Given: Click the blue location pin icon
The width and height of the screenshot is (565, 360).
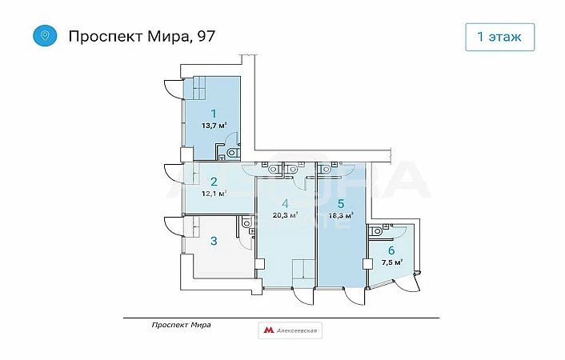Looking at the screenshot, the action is tap(45, 36).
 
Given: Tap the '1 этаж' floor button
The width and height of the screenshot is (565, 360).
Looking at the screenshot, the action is tap(500, 37).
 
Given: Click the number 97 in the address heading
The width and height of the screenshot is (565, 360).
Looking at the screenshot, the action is tap(206, 36).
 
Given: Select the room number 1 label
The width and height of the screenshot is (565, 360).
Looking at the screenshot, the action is tap(214, 114).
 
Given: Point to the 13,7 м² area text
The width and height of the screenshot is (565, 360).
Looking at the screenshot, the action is tap(214, 126).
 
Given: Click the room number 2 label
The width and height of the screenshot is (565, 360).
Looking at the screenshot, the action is tap(214, 182).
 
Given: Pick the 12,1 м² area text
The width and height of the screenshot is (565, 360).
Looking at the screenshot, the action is tap(214, 193).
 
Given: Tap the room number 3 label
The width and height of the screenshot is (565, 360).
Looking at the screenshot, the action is tap(214, 241).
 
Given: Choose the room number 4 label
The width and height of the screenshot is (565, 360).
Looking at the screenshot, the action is tap(285, 204).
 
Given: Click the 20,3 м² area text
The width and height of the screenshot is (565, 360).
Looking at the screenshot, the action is tap(285, 215).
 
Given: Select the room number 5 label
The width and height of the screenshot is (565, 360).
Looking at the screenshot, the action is tap(340, 204).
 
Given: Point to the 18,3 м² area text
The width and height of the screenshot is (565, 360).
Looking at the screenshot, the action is tap(340, 215).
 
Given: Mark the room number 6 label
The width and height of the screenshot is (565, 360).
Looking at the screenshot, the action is tap(391, 250).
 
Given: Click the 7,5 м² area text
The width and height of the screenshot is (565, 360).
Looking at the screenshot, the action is tap(392, 262).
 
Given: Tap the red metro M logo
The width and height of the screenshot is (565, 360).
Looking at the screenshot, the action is tap(268, 330).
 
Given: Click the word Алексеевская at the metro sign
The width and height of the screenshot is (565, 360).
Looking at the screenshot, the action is tap(297, 330).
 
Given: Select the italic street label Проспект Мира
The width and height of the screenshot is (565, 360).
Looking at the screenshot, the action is tap(181, 325).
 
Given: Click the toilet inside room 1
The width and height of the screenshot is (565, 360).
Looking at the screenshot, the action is tap(233, 153).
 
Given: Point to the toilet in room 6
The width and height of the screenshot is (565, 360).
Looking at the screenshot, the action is tap(376, 230).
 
